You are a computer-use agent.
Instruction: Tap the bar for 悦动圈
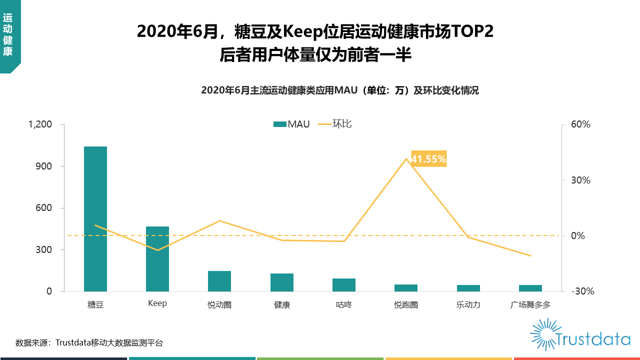tap(219, 281)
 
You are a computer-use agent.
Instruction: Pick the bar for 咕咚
tap(344, 285)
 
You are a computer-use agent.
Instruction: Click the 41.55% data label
tap(428, 159)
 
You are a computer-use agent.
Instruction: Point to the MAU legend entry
tap(292, 124)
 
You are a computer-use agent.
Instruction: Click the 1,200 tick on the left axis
tap(40, 124)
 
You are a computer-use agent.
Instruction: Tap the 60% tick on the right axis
tap(581, 124)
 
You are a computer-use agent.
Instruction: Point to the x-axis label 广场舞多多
tap(530, 304)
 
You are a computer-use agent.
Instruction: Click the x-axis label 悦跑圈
tap(406, 304)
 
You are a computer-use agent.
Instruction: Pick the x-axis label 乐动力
tap(468, 304)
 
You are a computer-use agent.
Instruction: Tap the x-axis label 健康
tap(282, 304)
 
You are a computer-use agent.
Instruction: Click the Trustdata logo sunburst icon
tap(542, 334)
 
